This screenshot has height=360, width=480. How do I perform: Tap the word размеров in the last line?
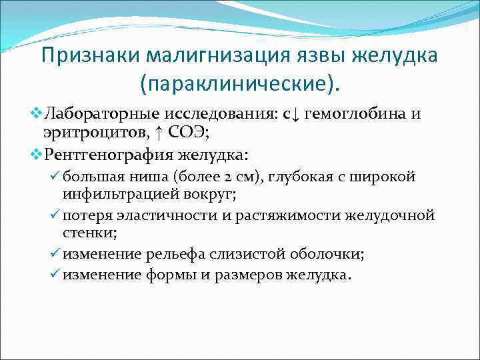243,273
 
